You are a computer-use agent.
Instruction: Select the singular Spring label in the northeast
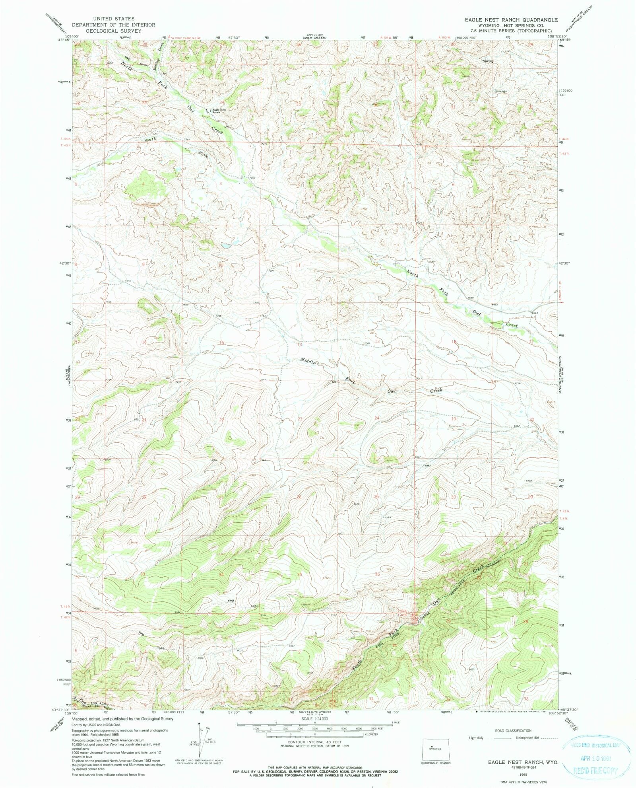coord(488,61)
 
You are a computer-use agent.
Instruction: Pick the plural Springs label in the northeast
coord(500,91)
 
